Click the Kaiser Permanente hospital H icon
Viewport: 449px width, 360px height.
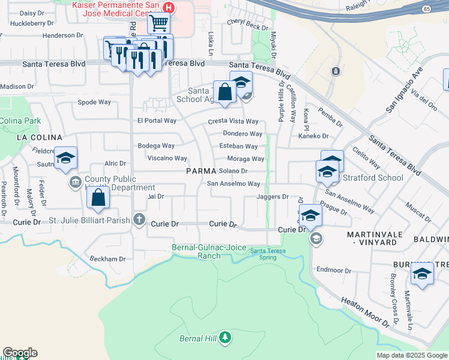coord(169,8)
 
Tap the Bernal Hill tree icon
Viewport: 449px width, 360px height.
coord(225,338)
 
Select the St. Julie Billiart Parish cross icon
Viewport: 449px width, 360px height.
coord(139,219)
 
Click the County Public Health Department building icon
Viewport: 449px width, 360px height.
coord(76,182)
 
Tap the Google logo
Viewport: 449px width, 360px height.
coord(20,353)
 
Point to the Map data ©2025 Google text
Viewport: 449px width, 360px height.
coord(411,355)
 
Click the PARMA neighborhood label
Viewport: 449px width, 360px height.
coord(200,171)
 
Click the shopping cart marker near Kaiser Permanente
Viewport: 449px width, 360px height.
coord(158,24)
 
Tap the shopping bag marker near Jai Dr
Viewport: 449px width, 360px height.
coord(99,196)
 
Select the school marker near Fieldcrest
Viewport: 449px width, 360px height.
coord(65,158)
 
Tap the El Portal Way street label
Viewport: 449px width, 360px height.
coord(157,121)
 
